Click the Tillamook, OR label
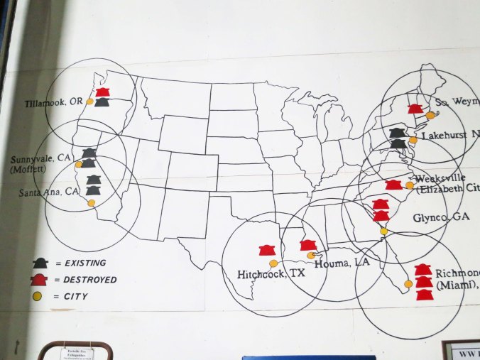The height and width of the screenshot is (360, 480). [x=54, y=102]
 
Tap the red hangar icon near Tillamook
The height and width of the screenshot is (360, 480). [x=102, y=92]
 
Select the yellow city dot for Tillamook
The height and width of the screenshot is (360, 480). [x=89, y=102]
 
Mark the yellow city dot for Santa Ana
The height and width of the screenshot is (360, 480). [x=91, y=203]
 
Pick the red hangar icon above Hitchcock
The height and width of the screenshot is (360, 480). [x=266, y=250]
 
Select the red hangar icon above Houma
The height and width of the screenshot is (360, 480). [x=307, y=245]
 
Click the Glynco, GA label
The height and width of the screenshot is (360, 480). [x=436, y=218]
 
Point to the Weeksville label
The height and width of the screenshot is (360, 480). [x=440, y=178]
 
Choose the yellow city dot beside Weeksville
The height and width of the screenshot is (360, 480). [x=410, y=185]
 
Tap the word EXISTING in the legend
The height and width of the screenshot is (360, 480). [x=85, y=263]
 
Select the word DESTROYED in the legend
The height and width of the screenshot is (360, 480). [x=90, y=280]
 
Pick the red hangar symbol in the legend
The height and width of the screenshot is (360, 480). [x=40, y=280]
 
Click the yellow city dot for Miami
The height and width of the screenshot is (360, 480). [x=408, y=283]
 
